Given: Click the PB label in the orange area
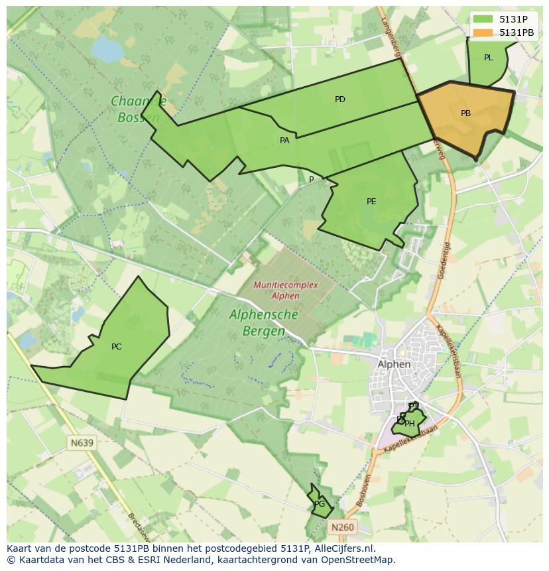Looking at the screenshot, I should (465, 113).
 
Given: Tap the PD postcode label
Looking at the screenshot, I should (340, 99).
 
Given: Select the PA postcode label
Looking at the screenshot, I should (284, 141).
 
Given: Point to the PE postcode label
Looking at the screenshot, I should (371, 202).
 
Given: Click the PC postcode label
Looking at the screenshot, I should (117, 347).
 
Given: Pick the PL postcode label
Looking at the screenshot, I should (489, 58).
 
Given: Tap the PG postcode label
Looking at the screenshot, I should (320, 504).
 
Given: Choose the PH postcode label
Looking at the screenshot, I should (410, 424).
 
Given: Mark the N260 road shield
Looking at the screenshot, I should (342, 527).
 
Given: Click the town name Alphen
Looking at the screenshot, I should (394, 364).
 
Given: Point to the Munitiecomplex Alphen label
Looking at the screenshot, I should (286, 290).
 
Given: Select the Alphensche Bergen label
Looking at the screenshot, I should (263, 322).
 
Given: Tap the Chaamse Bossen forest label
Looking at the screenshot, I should (138, 109).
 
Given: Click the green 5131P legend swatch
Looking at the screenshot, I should (483, 19).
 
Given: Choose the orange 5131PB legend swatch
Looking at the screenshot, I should (483, 32).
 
